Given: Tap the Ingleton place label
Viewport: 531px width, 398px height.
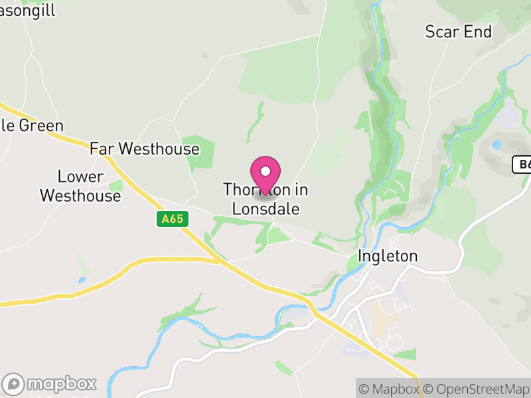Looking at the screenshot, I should click(388, 256).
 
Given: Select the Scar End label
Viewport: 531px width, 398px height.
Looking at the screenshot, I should click(459, 31).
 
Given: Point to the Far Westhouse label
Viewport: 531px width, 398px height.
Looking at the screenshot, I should click(145, 149).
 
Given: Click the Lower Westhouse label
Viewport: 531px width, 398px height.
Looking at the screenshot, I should click(80, 186).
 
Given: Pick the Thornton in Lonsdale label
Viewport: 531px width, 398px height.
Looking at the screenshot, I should click(265, 200).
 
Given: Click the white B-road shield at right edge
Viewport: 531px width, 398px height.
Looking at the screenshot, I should click(523, 165).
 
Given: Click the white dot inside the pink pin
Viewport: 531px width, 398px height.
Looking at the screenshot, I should click(265, 171).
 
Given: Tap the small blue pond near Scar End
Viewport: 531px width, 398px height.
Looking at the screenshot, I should click(497, 143).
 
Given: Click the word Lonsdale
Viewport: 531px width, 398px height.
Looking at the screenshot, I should click(265, 209).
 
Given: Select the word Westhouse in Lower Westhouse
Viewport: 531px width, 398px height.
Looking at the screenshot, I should click(80, 196).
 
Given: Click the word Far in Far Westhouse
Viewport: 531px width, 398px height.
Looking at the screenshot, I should click(102, 149).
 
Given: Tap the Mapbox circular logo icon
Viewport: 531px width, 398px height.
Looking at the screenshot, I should click(14, 383).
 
